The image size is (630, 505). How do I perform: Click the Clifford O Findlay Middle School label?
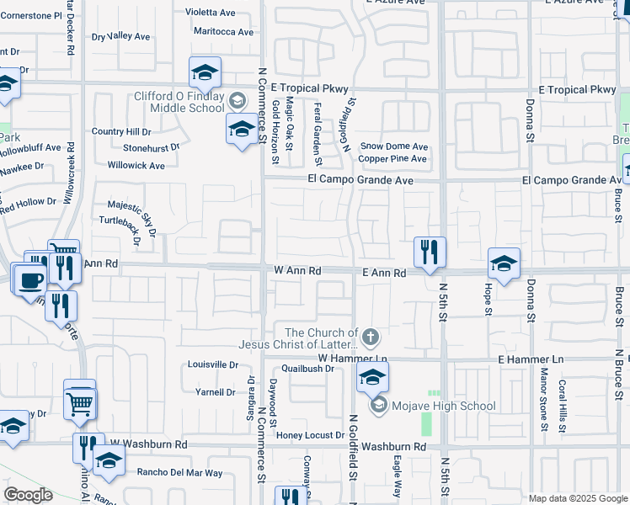pos(179,102)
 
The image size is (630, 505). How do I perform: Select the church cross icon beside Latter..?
pos(371,338)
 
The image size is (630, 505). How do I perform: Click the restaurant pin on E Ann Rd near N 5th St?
pos(430,252)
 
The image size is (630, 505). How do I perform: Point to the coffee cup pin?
pos(31,279)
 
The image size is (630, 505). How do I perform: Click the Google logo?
pos(28,495)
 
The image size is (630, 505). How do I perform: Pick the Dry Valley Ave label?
pos(120,36)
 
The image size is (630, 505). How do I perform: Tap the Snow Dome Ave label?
pos(393,146)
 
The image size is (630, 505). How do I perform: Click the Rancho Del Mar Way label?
pos(180,473)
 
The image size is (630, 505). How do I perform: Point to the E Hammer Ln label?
pos(530,359)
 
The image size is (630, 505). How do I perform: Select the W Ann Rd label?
pos(298,271)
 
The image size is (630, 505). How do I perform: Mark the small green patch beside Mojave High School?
pos(434,393)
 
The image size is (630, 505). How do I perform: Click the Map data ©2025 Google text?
pos(578,498)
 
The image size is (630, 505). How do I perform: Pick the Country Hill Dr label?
pos(121,132)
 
